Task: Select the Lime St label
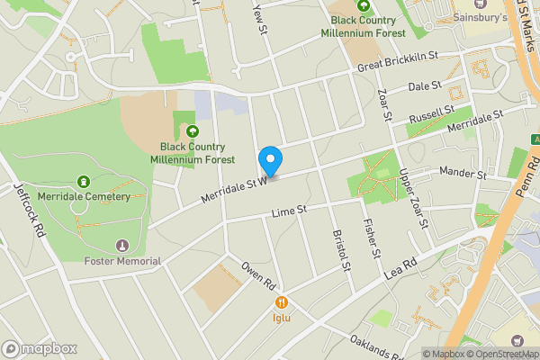(x=290, y=211)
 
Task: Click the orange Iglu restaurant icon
(x=282, y=303)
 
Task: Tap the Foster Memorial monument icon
(x=122, y=246)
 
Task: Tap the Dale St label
(x=425, y=86)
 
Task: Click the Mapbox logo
(x=39, y=348)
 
